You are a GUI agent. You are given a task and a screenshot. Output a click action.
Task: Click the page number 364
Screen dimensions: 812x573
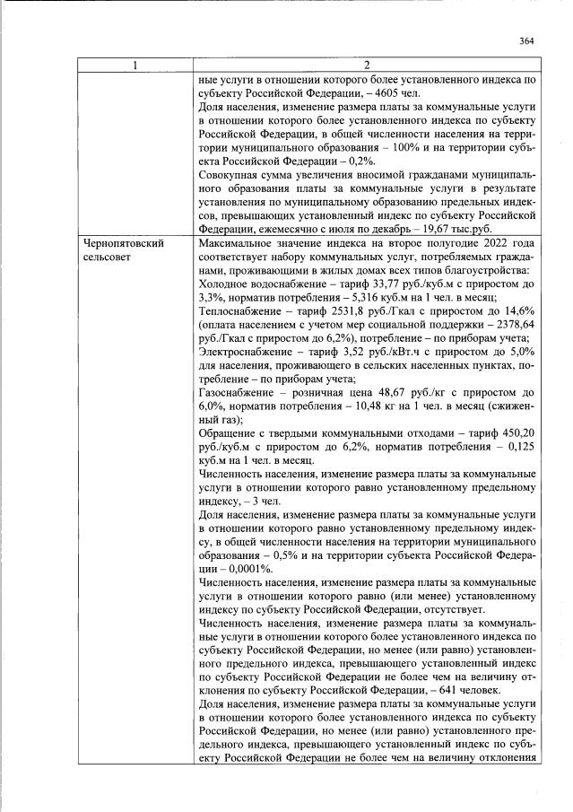526,40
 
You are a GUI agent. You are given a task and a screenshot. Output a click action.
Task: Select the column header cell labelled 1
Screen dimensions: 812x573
135,65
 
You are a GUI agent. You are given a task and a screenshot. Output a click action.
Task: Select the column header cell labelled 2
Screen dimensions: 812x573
366,65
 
